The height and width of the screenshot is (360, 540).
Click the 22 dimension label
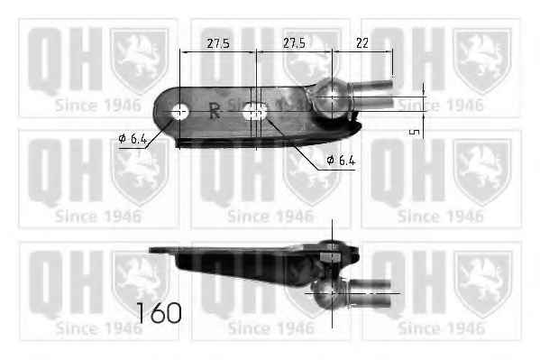point(362,43)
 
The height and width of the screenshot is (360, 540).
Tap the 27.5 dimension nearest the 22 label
point(294,43)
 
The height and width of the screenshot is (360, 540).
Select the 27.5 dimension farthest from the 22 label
point(218,43)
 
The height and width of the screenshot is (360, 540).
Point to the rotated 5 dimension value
point(415,132)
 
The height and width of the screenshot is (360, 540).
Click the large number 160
point(159,313)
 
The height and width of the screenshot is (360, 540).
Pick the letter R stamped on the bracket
point(215,110)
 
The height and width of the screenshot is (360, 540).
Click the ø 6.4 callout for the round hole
point(133,139)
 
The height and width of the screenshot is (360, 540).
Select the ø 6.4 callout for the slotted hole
point(340,160)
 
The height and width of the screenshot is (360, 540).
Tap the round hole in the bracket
point(179,112)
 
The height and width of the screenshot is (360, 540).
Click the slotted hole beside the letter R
point(255,112)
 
